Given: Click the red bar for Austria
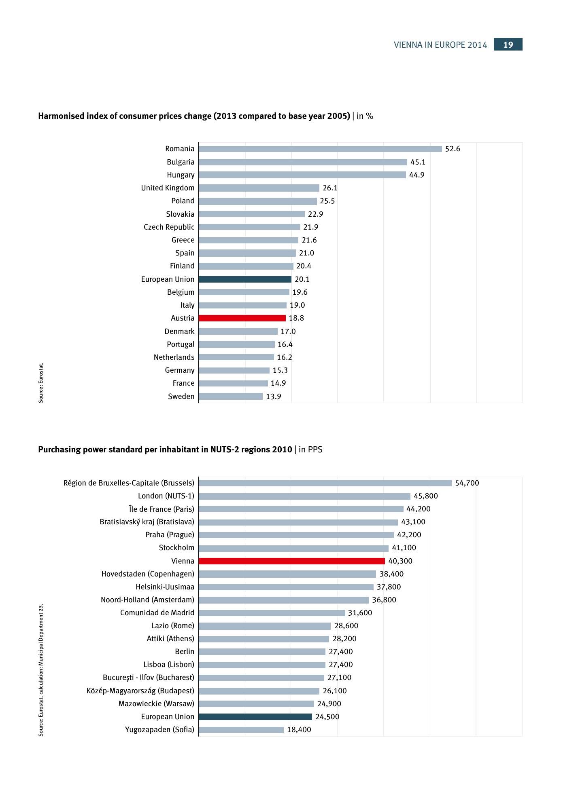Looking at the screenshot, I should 242,318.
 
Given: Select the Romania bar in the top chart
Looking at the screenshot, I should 320,149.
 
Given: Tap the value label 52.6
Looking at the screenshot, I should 453,149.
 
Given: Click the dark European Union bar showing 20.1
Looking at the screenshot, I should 245,279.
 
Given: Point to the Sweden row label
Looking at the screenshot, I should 181,397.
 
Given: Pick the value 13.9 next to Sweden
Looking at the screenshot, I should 273,397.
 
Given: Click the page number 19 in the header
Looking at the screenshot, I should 508,44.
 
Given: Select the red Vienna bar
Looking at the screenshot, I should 291,561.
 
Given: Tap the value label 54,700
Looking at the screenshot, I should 467,483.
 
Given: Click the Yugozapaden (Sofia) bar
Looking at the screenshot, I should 241,730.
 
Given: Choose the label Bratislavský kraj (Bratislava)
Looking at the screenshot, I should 147,522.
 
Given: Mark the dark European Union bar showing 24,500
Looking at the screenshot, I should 255,717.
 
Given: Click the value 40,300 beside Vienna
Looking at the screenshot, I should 400,561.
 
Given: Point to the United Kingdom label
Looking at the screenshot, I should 168,188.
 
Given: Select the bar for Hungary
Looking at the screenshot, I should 302,175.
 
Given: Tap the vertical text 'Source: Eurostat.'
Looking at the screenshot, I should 41,382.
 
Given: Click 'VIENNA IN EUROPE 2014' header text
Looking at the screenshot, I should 440,45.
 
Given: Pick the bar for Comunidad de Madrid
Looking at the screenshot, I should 272,613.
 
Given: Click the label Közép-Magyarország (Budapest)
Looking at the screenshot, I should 140,691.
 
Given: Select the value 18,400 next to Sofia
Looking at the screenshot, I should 299,730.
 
